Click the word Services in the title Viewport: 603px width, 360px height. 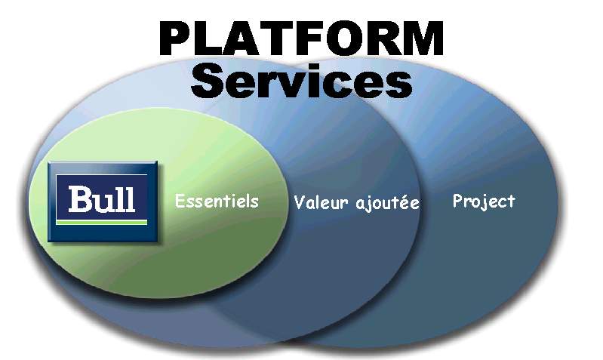[x=302, y=82]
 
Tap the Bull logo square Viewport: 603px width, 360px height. [x=103, y=201]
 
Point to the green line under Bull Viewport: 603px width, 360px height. [x=103, y=222]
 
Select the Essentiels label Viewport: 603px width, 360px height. [x=217, y=202]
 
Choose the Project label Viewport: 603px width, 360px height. [x=483, y=201]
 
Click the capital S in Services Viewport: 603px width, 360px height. [x=209, y=82]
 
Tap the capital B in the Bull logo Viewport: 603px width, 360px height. [x=79, y=198]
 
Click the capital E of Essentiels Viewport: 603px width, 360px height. [x=180, y=202]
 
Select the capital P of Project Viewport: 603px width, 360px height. [x=457, y=201]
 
